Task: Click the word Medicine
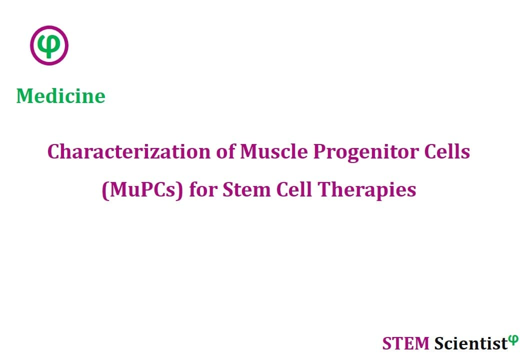coord(61,96)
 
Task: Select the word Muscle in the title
coord(273,151)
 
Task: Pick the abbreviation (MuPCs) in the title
coord(142,190)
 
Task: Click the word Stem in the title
coord(246,189)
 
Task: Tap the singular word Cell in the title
coord(294,189)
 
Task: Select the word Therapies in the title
coord(367,190)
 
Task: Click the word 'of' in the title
coord(225,151)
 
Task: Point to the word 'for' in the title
coord(203,189)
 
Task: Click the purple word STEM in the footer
coord(405,343)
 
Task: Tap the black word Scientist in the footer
coord(471,343)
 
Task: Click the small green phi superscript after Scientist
coord(513,340)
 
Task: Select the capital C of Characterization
coord(54,152)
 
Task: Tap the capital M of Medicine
coord(25,96)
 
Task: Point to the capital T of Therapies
coord(324,190)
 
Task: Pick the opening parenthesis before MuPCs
coord(105,190)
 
